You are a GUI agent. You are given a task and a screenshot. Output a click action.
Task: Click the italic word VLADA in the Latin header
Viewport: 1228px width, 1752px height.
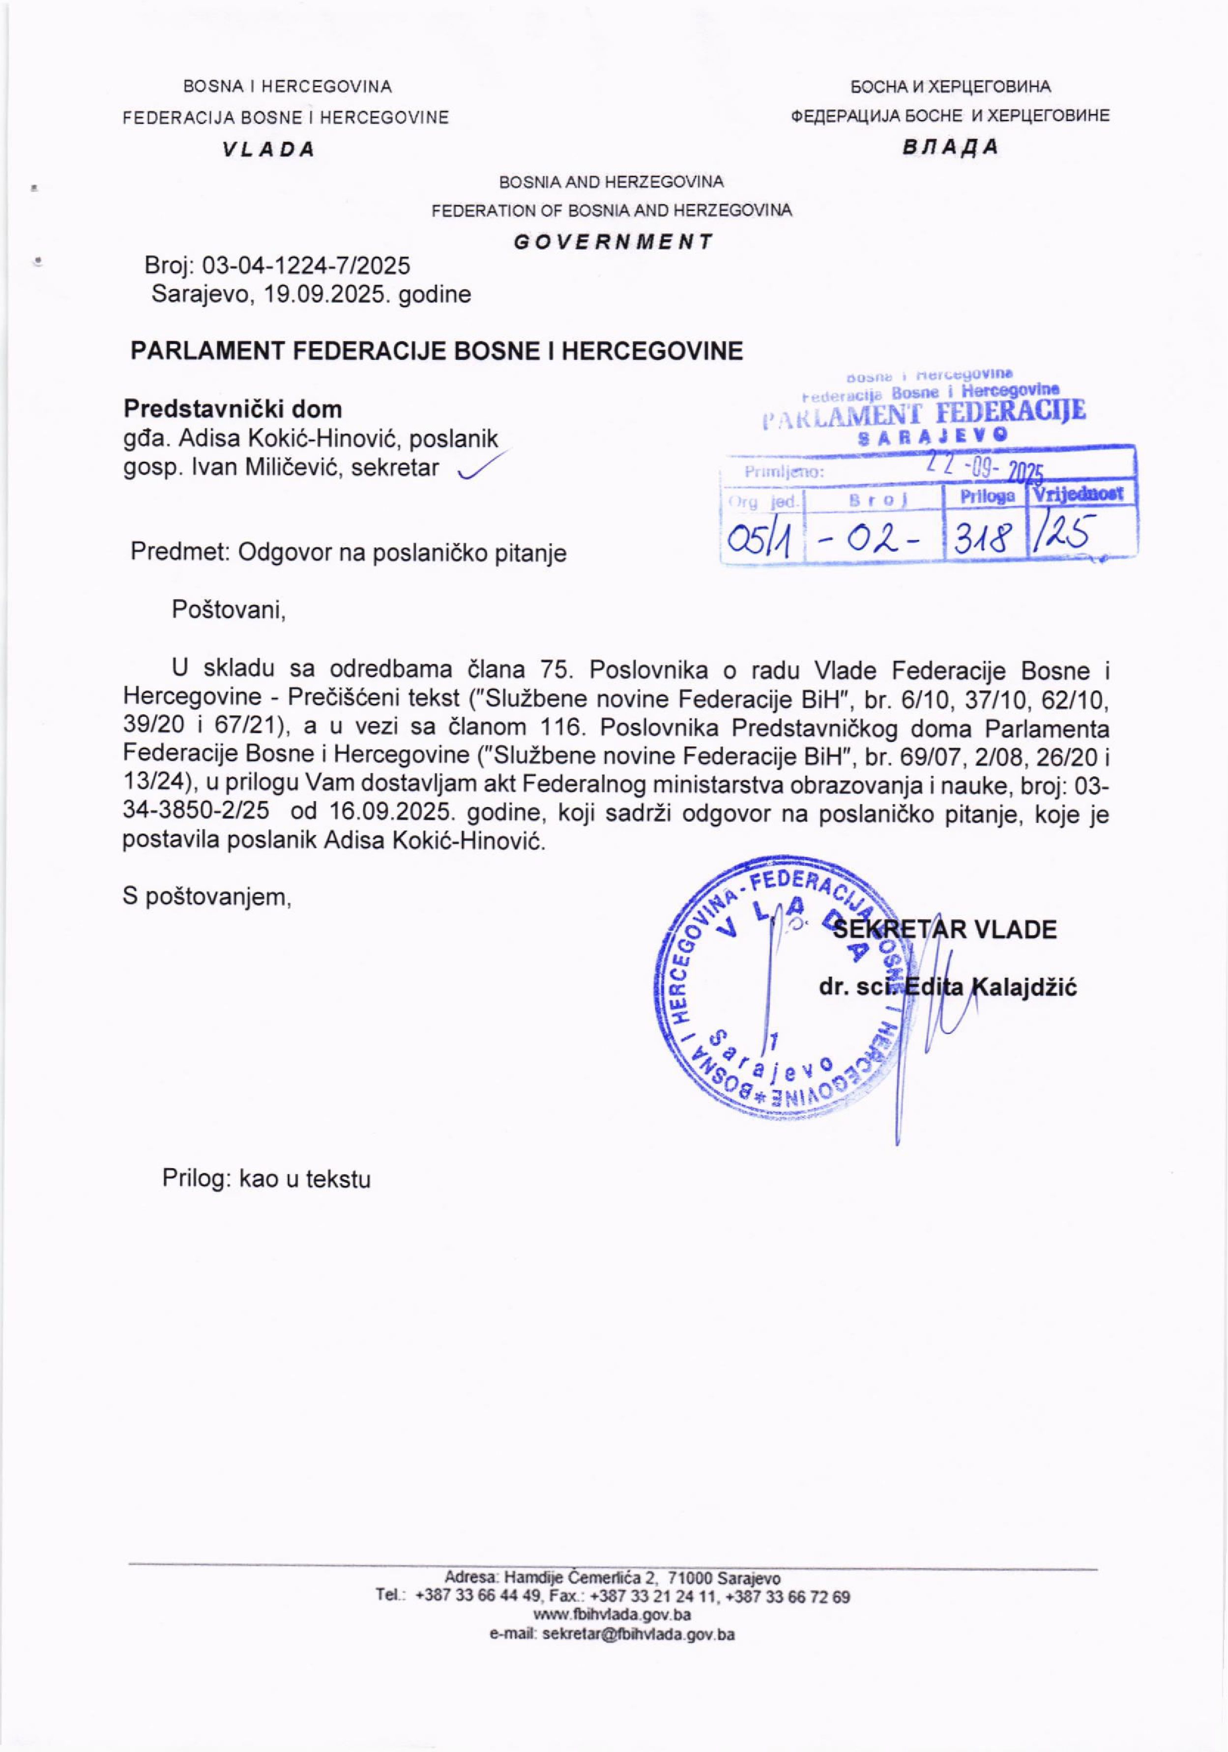[x=268, y=149]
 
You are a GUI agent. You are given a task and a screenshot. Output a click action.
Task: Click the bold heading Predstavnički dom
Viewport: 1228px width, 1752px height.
[x=233, y=409]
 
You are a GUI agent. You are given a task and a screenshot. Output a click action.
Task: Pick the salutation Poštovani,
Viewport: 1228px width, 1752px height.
[x=228, y=610]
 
